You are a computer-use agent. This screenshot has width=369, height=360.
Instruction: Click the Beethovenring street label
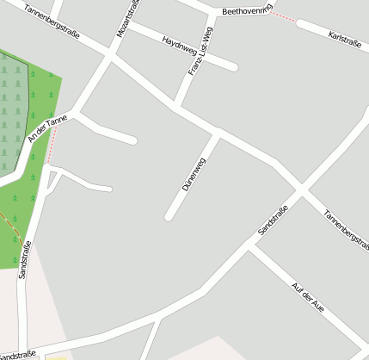point(247,11)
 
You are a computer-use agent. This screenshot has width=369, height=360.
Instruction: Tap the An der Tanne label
point(47,128)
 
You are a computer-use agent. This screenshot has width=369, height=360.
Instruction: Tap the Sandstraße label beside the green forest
point(25,258)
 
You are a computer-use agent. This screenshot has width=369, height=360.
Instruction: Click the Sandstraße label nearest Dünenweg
point(273,220)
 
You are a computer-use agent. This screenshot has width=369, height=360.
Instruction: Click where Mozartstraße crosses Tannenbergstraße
point(109,58)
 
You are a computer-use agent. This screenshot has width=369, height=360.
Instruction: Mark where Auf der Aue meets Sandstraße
point(249,247)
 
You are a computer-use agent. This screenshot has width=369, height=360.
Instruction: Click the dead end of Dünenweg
point(169,216)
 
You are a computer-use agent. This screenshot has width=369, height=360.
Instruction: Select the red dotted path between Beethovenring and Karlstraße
point(284,17)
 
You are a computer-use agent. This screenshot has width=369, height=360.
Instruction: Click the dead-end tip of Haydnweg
point(233,66)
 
